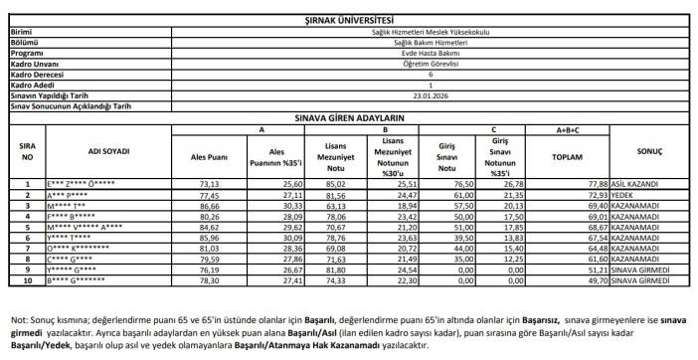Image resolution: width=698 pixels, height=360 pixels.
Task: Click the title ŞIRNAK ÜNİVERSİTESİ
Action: pyautogui.click(x=348, y=20)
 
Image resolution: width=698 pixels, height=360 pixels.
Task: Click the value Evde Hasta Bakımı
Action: pyautogui.click(x=431, y=53)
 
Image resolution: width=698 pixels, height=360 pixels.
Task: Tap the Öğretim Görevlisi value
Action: pyautogui.click(x=431, y=64)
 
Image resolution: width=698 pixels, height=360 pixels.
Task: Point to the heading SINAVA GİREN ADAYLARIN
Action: pyautogui.click(x=348, y=117)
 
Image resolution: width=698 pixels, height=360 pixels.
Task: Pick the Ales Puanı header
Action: pyautogui.click(x=208, y=156)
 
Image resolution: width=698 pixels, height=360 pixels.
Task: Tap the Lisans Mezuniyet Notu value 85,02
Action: pyautogui.click(x=335, y=184)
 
